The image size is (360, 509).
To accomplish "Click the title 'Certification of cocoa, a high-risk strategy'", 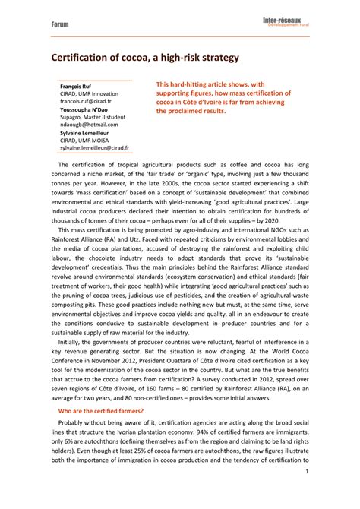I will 145,57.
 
